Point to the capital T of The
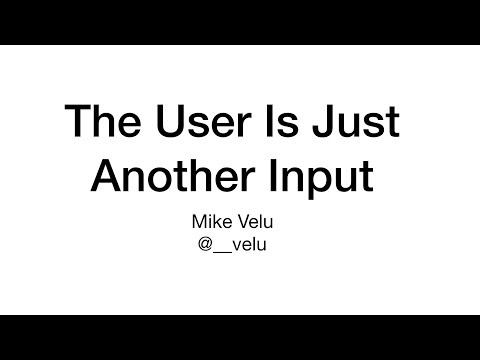[x=77, y=122]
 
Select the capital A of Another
[x=107, y=176]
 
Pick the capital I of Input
[x=272, y=176]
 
